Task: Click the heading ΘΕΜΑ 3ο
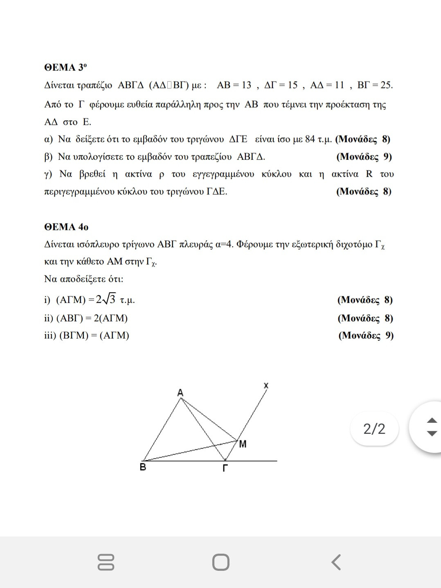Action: tap(65, 67)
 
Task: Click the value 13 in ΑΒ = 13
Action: tap(246, 85)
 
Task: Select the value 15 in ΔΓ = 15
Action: tap(292, 85)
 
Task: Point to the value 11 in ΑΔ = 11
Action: tap(339, 85)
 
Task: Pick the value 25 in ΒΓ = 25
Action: tap(386, 85)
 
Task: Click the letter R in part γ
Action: tap(369, 174)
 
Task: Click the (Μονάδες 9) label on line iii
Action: tap(366, 336)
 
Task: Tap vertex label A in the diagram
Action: tap(180, 393)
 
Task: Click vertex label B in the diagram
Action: tap(143, 467)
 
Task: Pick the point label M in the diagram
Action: tap(243, 444)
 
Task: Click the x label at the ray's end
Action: tap(266, 385)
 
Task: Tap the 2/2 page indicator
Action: tap(374, 429)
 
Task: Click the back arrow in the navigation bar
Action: tap(336, 562)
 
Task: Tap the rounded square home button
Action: tap(221, 562)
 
